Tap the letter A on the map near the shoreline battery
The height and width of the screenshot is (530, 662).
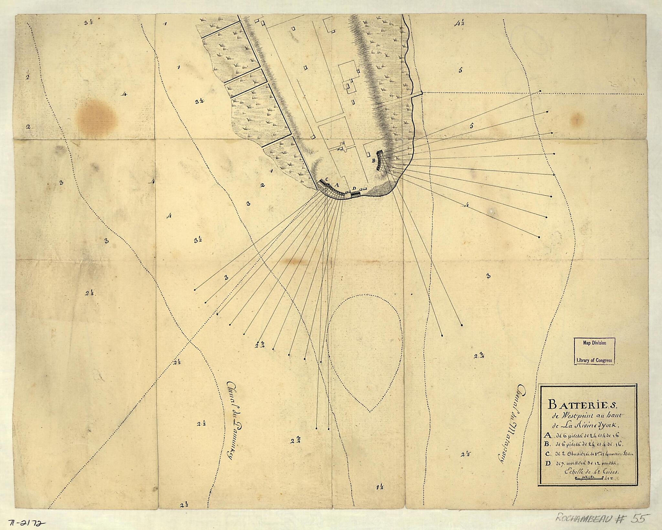tap(336, 185)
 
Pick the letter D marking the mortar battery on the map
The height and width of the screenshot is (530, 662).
tap(354, 188)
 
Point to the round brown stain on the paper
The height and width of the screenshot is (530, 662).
tap(96, 116)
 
